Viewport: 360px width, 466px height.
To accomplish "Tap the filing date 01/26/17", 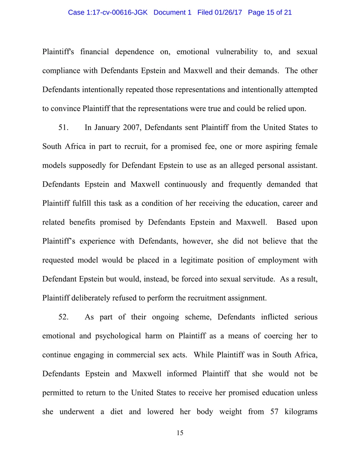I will (x=228, y=12).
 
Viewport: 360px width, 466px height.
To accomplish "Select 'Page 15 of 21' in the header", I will (x=270, y=12).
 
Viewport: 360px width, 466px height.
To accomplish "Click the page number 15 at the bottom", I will (x=180, y=433).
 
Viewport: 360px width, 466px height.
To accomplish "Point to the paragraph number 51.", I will (x=63, y=127).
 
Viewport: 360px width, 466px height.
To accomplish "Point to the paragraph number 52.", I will (x=63, y=317).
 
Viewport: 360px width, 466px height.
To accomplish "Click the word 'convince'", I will (x=66, y=108).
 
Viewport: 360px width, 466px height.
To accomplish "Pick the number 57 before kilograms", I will (x=274, y=412).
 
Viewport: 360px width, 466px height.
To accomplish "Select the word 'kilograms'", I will (x=301, y=412).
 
